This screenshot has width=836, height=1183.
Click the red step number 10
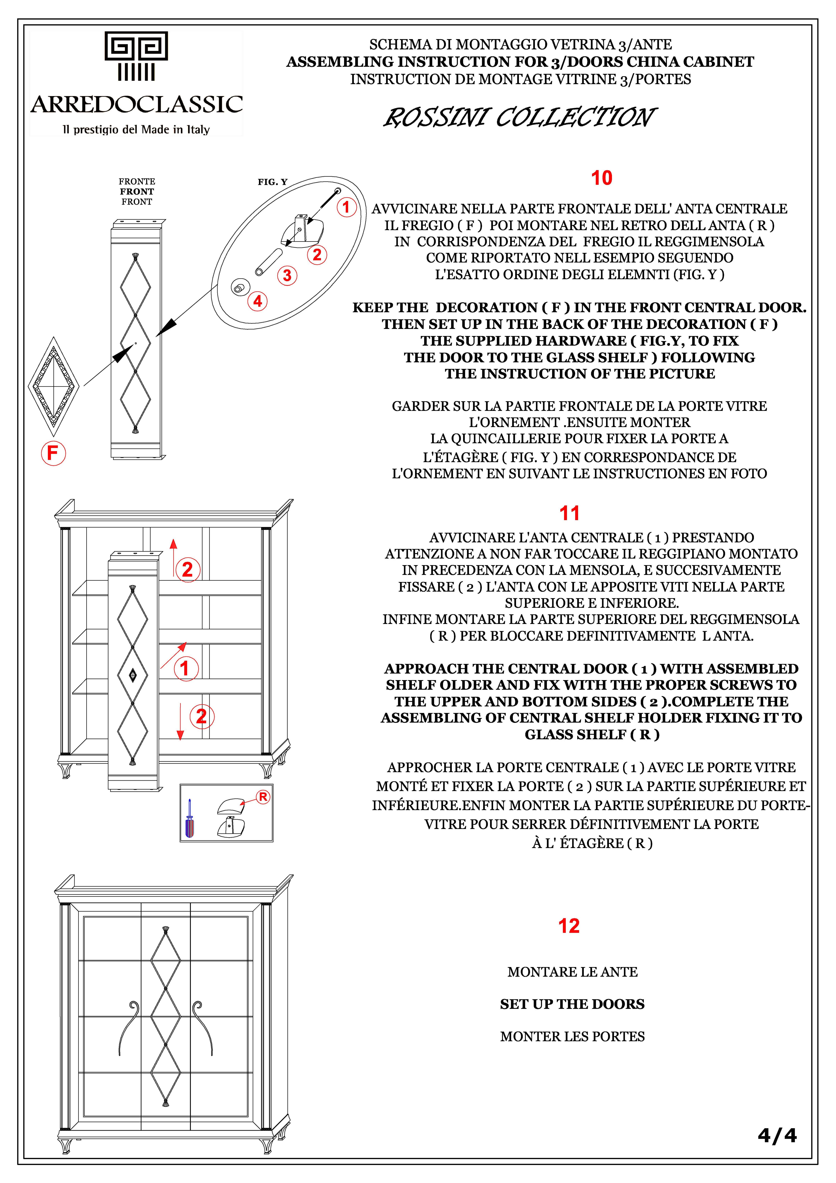pyautogui.click(x=602, y=178)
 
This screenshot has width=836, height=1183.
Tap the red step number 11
pyautogui.click(x=569, y=513)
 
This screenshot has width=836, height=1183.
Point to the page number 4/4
pyautogui.click(x=777, y=1136)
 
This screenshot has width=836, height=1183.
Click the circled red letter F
pyautogui.click(x=53, y=453)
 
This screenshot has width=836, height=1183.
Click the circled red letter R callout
pyautogui.click(x=263, y=797)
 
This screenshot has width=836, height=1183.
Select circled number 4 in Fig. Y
pyautogui.click(x=258, y=301)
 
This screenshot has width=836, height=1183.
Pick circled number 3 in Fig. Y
pyautogui.click(x=287, y=275)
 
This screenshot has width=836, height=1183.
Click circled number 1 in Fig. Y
pyautogui.click(x=346, y=207)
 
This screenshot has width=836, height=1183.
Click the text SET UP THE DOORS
pyautogui.click(x=572, y=1004)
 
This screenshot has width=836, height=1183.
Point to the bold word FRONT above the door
pyautogui.click(x=137, y=192)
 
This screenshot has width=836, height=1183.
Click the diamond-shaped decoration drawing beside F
pyautogui.click(x=54, y=387)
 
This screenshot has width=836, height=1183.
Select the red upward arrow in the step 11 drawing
pyautogui.click(x=173, y=557)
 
